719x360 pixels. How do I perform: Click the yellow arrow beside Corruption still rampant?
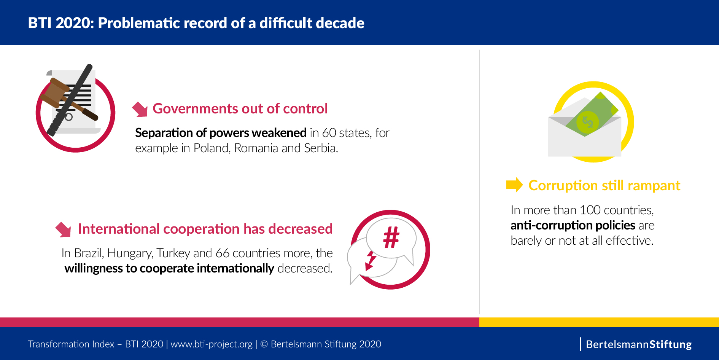[x=514, y=185]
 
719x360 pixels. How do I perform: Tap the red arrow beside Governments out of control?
[x=140, y=109]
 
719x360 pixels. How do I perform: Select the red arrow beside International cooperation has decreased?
[x=63, y=229]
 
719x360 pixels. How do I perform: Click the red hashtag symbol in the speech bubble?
[x=391, y=237]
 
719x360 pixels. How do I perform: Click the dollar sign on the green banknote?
[x=588, y=122]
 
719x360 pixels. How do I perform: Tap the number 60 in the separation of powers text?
[x=329, y=133]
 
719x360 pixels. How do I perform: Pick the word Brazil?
[x=89, y=253]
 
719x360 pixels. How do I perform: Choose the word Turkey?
[x=173, y=253]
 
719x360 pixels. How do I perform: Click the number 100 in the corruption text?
[x=590, y=210]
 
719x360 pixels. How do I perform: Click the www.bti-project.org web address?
[x=212, y=344]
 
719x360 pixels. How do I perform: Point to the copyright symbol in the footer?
[x=264, y=344]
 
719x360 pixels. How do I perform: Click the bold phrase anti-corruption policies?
[x=573, y=225]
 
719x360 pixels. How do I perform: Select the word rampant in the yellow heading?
[x=654, y=186]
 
